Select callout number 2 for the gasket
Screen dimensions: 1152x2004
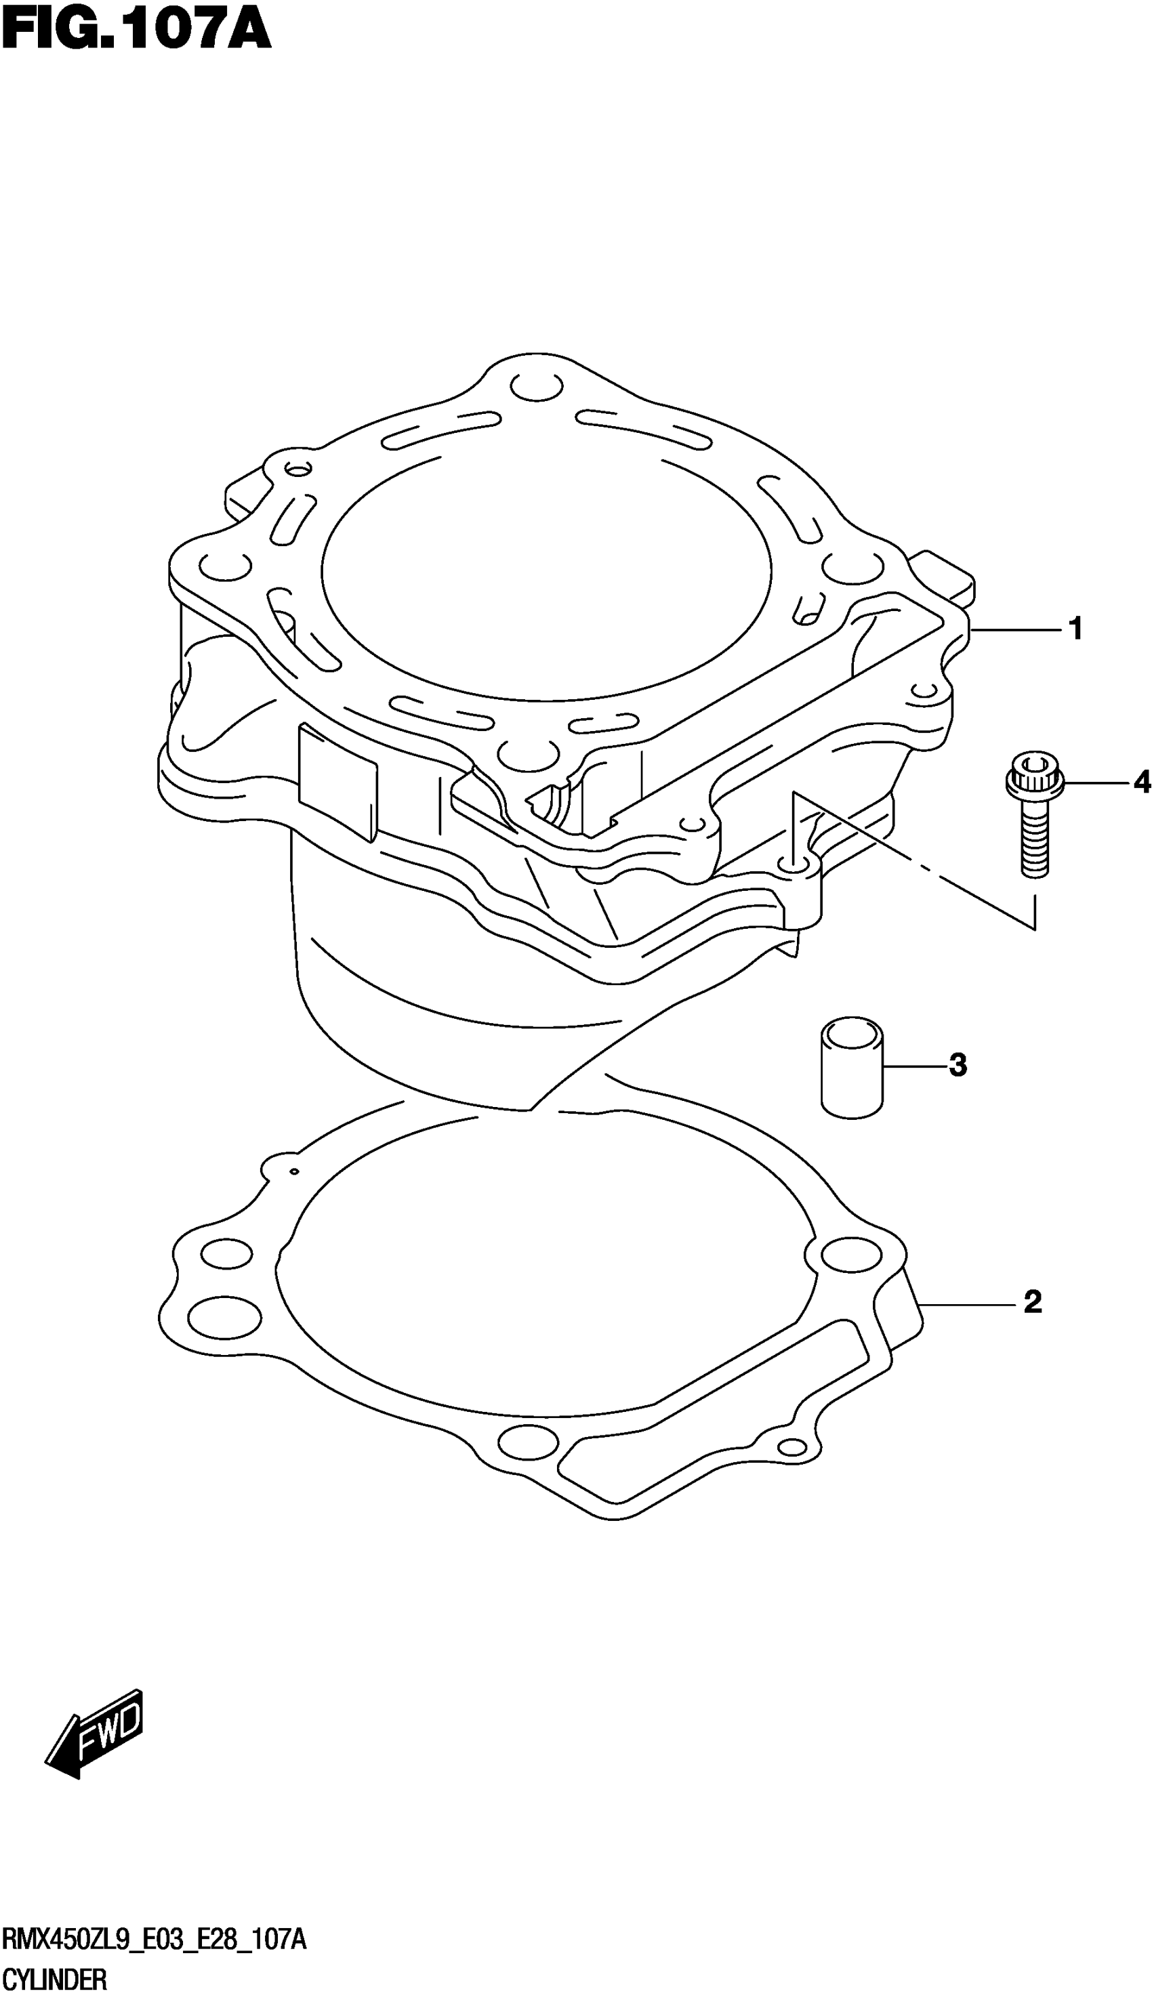(1033, 1301)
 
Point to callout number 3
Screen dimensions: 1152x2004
(958, 1065)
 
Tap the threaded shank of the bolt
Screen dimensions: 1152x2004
(1035, 837)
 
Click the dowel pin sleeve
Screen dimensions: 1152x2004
(852, 1068)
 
